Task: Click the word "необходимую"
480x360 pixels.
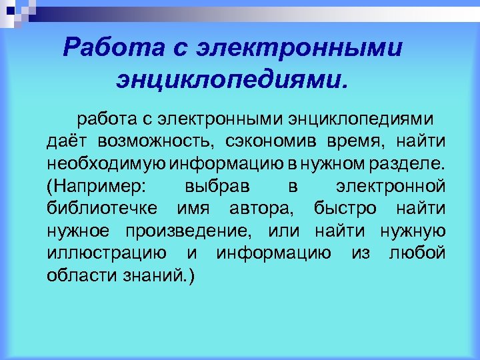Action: click(107, 164)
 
